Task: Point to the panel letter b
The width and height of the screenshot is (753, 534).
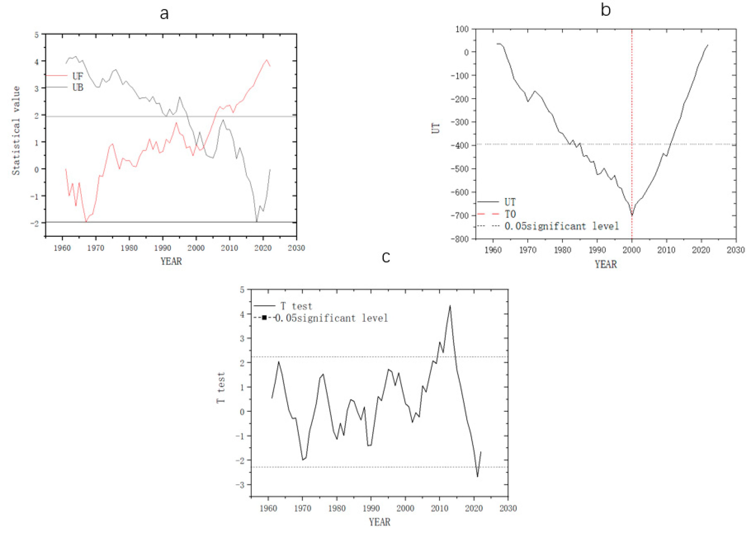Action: (605, 10)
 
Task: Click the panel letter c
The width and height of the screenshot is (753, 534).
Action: (386, 257)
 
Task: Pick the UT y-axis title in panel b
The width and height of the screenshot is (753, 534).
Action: (435, 128)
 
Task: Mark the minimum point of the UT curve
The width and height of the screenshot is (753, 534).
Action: (632, 215)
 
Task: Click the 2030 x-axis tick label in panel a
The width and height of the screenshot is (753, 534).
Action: (296, 248)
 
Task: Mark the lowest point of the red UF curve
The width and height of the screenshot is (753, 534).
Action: (86, 222)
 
